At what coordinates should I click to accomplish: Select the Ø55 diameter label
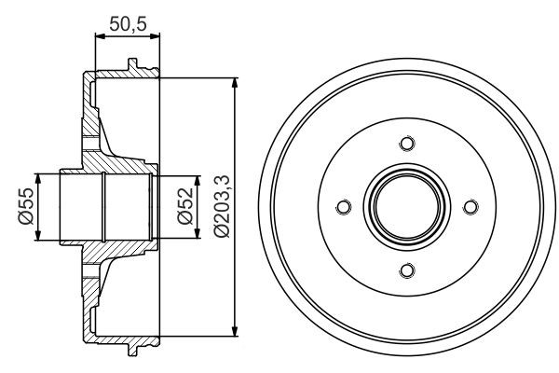coord(24,206)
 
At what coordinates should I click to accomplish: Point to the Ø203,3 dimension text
coord(221,206)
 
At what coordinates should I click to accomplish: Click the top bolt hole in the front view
coord(405,143)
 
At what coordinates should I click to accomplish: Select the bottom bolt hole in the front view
coord(405,270)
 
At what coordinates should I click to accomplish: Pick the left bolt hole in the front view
coord(342,206)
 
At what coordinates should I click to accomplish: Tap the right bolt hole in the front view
coord(470,206)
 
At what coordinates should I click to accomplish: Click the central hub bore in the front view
coord(405,206)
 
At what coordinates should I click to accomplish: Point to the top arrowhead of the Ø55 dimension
coord(38,177)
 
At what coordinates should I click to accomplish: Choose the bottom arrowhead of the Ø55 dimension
coord(38,236)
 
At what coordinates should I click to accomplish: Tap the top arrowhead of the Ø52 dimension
coord(198,180)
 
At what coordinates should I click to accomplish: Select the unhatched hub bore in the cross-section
coord(102,206)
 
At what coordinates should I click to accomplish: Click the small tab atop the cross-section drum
coord(130,66)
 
